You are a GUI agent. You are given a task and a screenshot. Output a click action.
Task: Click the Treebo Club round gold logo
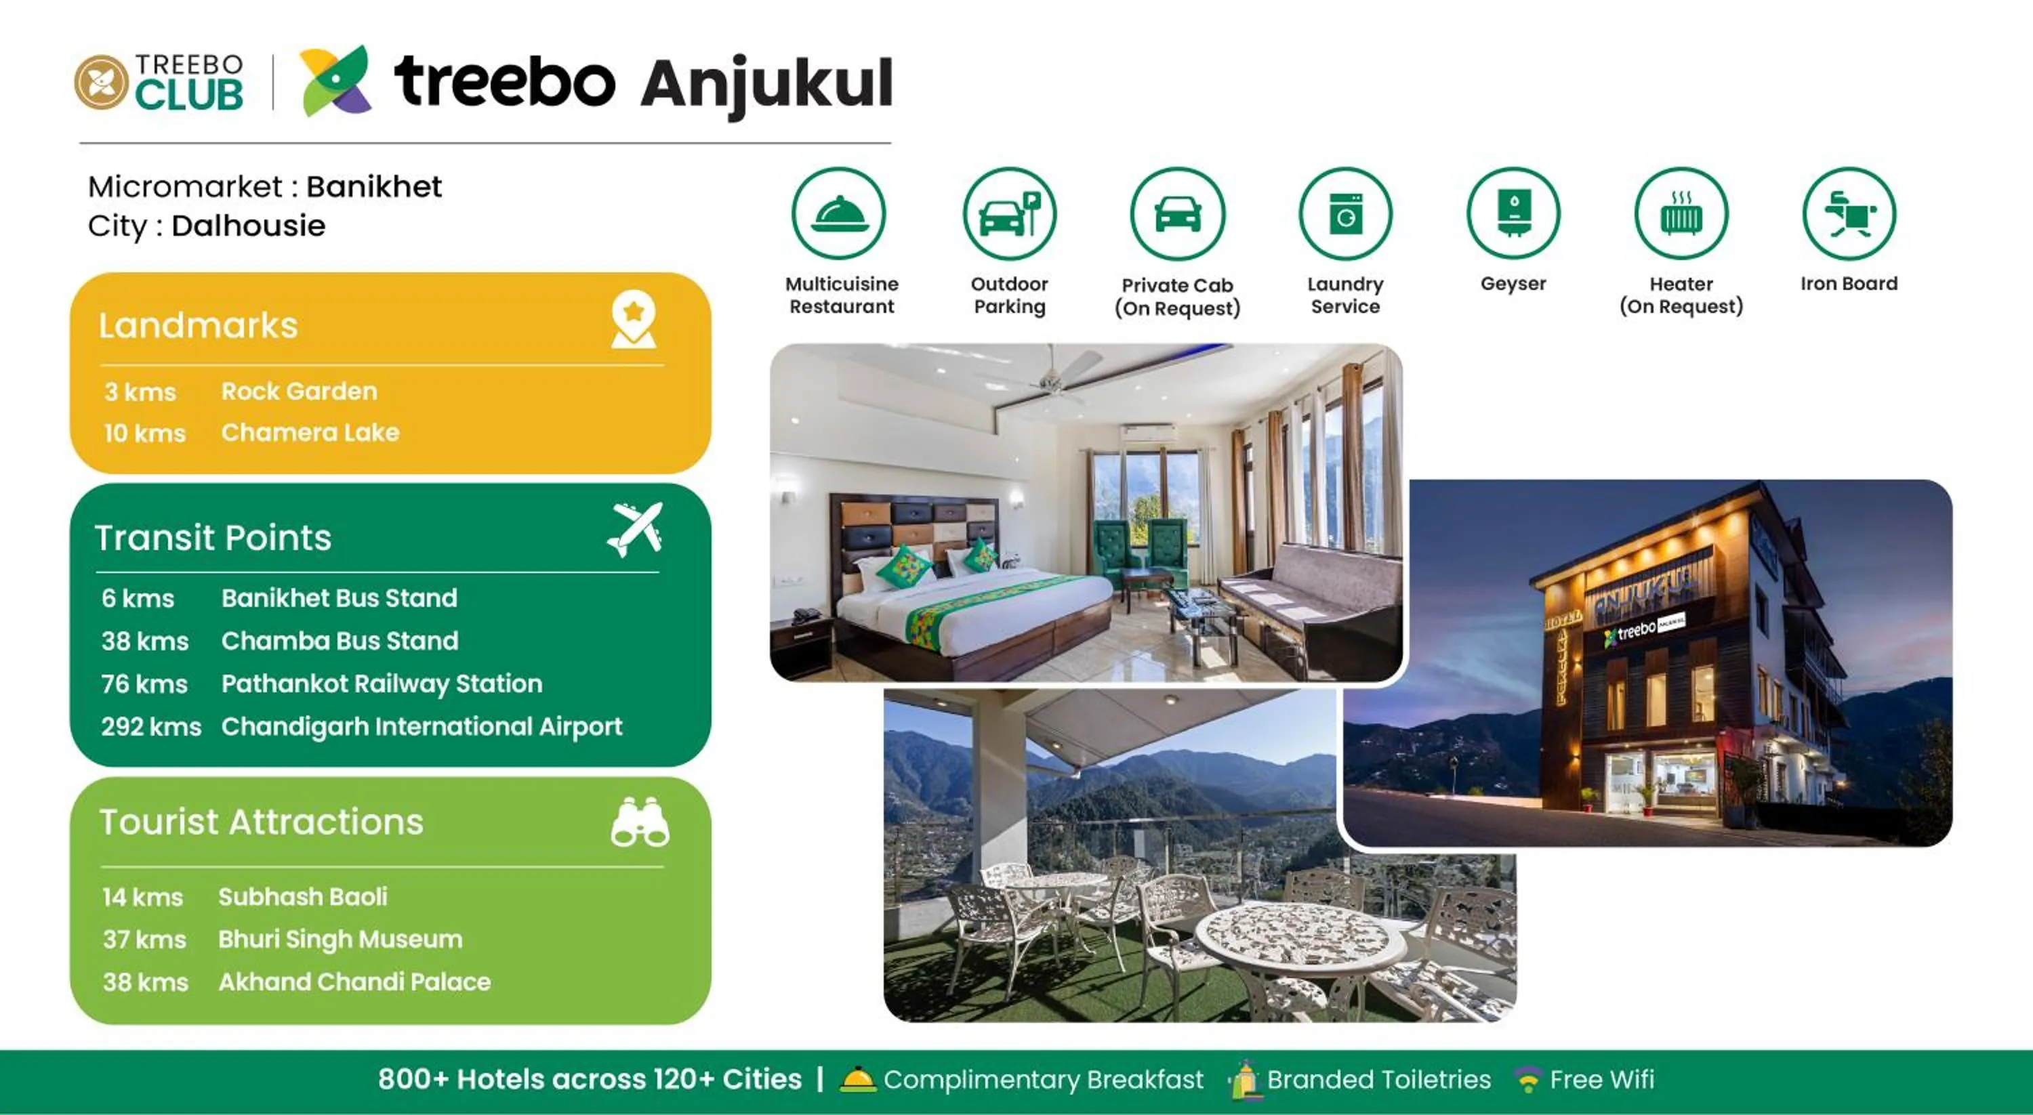tap(101, 82)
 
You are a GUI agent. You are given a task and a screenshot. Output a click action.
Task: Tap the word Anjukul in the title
tap(766, 83)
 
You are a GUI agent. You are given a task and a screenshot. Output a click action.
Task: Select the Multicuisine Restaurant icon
tap(839, 214)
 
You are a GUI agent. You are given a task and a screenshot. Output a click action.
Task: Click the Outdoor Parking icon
tap(1010, 214)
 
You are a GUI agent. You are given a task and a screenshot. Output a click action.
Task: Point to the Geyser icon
tap(1513, 214)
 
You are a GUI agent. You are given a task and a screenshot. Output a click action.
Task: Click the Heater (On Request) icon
tap(1681, 214)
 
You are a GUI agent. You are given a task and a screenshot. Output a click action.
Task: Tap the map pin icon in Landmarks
tap(633, 320)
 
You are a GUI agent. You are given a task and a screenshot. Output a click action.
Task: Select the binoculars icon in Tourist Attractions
tap(639, 823)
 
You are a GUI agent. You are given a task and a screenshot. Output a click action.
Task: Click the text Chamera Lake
tap(310, 432)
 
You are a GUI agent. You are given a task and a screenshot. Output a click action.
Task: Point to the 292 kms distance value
tap(150, 726)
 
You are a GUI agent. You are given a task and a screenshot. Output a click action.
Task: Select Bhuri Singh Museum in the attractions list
tap(340, 939)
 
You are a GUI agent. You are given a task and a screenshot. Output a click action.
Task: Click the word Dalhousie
tap(249, 226)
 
